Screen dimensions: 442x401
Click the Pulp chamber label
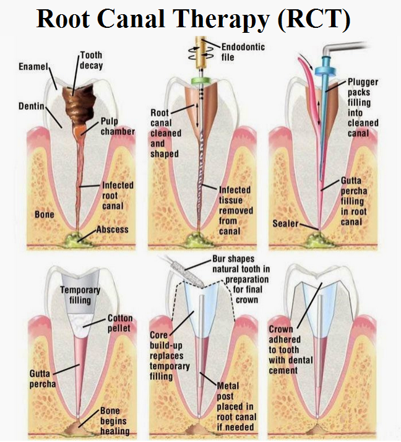coord(117,127)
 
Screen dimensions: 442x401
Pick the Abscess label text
coord(113,229)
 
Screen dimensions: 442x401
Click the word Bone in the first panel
coord(44,214)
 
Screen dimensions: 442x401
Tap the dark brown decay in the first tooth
coord(79,98)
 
